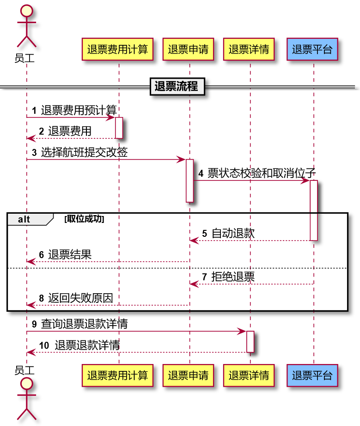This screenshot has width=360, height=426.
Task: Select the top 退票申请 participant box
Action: click(188, 49)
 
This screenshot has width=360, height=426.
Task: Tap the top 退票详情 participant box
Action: click(249, 49)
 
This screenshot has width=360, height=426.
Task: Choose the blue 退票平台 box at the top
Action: click(312, 49)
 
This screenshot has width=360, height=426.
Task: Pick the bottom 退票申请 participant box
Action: click(188, 375)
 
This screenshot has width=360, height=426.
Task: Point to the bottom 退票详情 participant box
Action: click(249, 375)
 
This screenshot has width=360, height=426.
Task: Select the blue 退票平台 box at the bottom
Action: click(312, 375)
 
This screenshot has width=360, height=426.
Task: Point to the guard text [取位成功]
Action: click(84, 219)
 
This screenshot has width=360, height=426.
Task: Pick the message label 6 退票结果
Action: click(65, 255)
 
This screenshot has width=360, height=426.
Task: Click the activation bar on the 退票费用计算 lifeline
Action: click(119, 128)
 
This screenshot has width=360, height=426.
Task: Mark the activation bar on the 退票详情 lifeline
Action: click(250, 341)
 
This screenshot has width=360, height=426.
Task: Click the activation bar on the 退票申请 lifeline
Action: click(189, 180)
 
